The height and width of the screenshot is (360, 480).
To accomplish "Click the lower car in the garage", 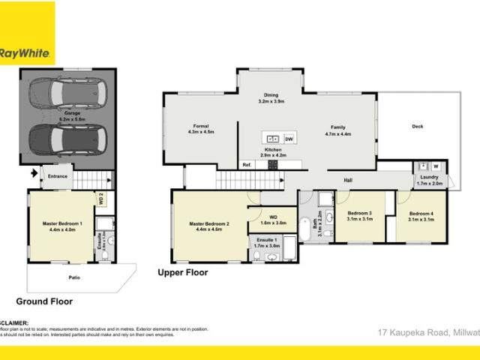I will tap(67, 138).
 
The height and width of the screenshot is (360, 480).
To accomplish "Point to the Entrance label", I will tap(58, 176).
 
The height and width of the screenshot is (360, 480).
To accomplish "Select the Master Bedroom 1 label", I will tap(61, 226).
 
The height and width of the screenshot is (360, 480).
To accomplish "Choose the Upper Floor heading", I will tap(183, 272).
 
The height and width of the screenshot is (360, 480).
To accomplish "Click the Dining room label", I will tap(271, 98).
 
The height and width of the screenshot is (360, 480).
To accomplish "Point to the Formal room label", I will tap(201, 128).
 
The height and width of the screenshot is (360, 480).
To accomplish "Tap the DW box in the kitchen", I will tap(289, 139).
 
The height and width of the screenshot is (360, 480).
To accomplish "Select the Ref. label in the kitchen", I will tap(246, 164).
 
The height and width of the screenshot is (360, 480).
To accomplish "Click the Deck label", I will tap(418, 126).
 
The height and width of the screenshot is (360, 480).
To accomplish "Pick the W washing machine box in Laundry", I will tap(435, 166).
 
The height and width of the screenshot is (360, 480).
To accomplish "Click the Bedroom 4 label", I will tap(421, 217).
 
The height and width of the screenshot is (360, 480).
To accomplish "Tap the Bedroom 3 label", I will tap(360, 217).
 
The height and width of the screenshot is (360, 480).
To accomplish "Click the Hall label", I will tap(348, 180).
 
